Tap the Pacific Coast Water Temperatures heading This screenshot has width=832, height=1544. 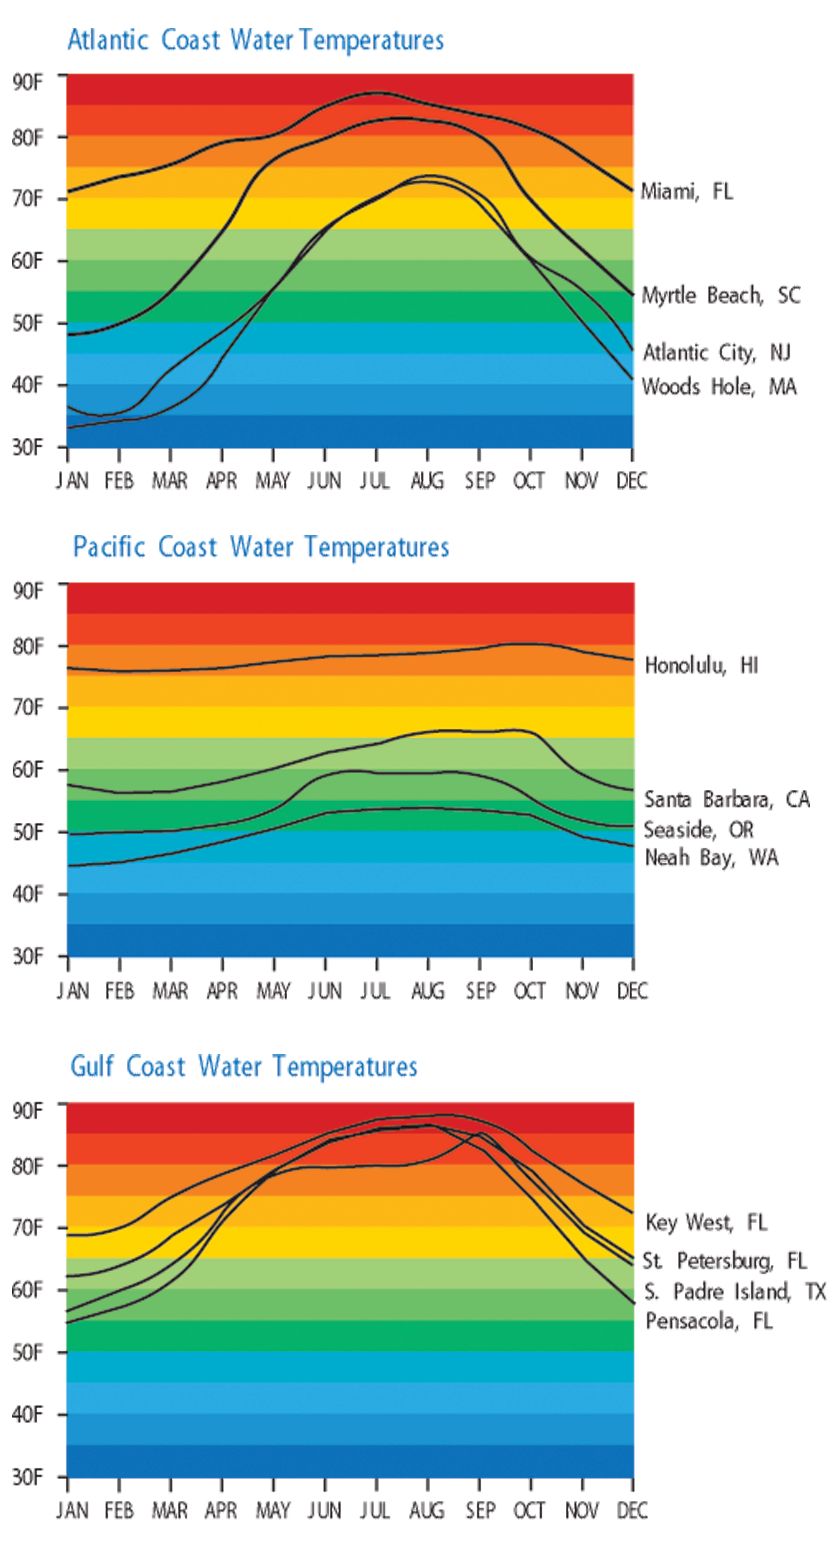(261, 547)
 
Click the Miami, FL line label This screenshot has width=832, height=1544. (687, 192)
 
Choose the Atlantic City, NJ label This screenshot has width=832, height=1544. (717, 352)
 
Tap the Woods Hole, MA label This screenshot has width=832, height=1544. (719, 387)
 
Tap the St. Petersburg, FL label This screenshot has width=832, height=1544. (725, 1261)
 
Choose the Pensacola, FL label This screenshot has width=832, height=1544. (708, 1321)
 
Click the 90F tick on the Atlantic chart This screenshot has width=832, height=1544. (28, 82)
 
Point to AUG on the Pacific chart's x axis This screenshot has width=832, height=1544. (428, 991)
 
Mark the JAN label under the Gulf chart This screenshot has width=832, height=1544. (73, 1510)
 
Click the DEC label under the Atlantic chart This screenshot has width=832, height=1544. (632, 481)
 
